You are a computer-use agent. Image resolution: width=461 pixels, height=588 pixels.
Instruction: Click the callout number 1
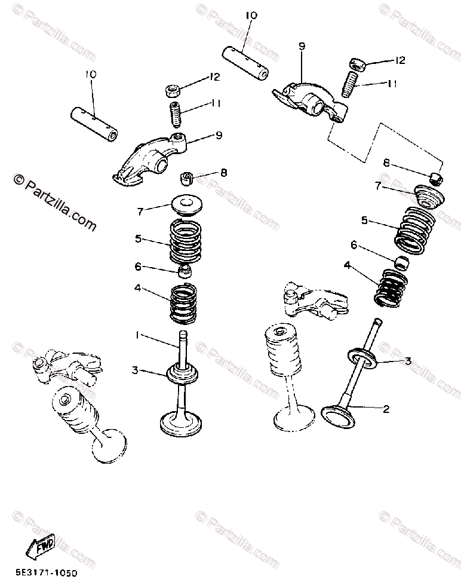point(137,336)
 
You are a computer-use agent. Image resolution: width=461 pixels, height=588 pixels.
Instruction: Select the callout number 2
point(386,409)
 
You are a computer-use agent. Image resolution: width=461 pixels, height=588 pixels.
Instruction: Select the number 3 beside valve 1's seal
point(136,371)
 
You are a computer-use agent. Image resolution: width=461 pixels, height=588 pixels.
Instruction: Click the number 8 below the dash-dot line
point(386,163)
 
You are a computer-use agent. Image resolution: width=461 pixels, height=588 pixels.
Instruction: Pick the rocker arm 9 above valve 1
point(157,157)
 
